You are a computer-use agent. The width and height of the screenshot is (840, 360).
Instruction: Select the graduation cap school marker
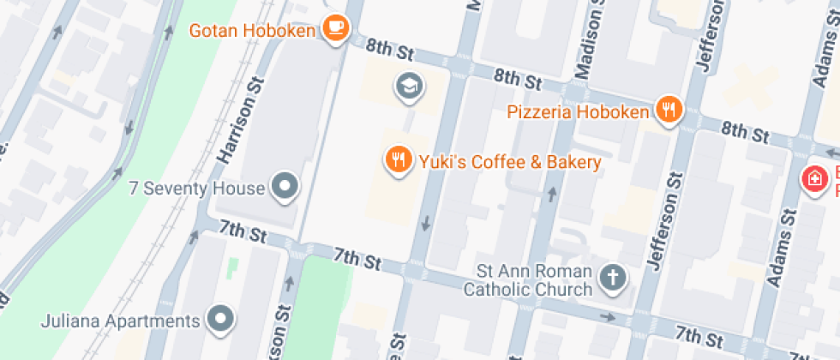coord(408,85)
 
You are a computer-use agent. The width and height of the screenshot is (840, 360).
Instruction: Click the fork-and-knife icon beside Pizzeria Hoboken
coord(669,110)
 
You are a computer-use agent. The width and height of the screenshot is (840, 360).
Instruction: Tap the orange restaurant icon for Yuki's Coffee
coord(397,159)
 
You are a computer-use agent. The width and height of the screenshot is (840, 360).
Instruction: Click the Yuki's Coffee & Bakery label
coord(509,161)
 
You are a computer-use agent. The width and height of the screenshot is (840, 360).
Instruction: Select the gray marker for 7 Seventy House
coord(284,185)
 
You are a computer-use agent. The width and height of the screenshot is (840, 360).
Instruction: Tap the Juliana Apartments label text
coord(120,322)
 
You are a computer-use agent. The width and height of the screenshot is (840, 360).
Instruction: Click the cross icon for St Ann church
coord(612,277)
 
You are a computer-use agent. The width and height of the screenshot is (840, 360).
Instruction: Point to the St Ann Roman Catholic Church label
coord(527,280)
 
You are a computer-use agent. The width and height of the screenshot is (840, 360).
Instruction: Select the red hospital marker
coord(811,179)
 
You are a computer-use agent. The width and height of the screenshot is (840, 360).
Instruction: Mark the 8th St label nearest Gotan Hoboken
coord(389,51)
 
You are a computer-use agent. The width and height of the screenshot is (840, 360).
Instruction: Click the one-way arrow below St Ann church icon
coord(608,318)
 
